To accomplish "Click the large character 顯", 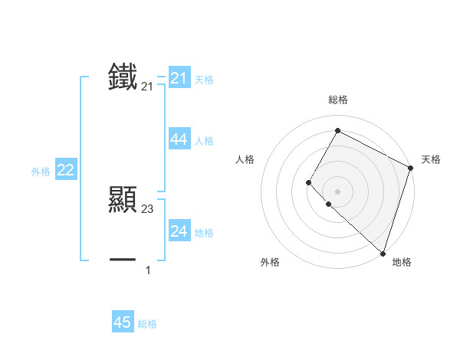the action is pos(123,198).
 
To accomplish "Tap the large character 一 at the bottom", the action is pos(123,260).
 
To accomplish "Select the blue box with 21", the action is pos(179,78).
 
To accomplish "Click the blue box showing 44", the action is pos(179,139).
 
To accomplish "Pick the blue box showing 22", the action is pos(65,171).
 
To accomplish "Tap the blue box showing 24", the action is pos(179,231).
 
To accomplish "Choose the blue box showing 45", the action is pos(123,322).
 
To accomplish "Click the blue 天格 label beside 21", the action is pos(204,80).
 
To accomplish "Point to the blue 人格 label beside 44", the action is pos(204,141).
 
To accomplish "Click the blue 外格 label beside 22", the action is pos(41,172).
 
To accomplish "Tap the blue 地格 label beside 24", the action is pos(204,233).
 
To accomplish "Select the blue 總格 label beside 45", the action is pos(147,324).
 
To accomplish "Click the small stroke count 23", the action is pos(148,208).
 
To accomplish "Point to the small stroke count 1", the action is pos(148,270).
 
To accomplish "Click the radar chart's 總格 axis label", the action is pos(337,100).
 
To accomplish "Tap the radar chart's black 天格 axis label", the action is pos(431,159).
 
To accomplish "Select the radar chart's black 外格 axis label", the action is pos(270,262).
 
